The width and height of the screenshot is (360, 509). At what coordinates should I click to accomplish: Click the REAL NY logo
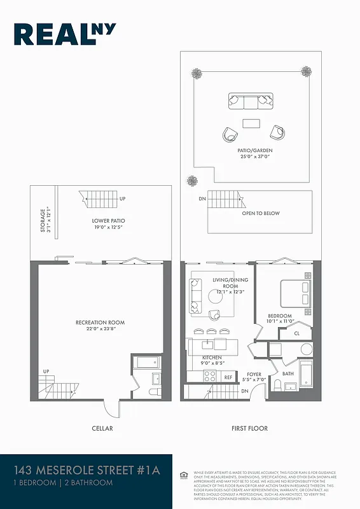[x=64, y=35]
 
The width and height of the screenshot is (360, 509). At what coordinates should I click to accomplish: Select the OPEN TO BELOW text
[x=260, y=213]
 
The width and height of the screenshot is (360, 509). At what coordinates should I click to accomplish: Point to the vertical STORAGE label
[x=44, y=220]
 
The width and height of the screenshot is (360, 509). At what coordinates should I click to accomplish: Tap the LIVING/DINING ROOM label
[x=230, y=284]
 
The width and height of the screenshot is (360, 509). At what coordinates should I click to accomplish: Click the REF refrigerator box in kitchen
[x=228, y=377]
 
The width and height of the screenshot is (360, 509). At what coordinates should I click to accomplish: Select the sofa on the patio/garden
[x=251, y=101]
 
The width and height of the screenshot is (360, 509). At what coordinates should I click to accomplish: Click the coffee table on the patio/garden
[x=251, y=123]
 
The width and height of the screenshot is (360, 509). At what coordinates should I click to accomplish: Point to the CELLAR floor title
[x=102, y=428]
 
